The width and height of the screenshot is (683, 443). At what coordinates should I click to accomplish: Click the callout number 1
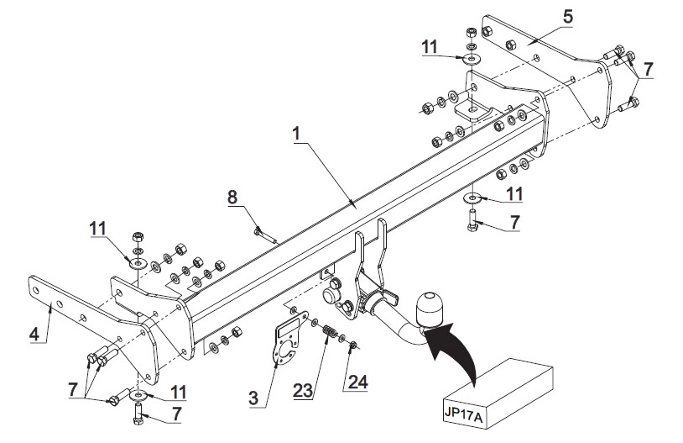(x=297, y=134)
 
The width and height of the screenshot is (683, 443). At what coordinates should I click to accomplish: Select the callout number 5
(x=567, y=17)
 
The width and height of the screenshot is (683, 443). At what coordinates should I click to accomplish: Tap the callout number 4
(x=34, y=335)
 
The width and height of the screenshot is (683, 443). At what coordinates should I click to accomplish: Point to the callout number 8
(x=232, y=198)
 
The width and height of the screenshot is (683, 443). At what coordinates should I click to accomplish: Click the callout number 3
(x=253, y=398)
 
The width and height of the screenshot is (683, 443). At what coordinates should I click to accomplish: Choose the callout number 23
(x=303, y=391)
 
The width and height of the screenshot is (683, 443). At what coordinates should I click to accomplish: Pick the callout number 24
(x=358, y=382)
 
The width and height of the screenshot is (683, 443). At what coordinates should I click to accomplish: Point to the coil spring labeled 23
(x=330, y=332)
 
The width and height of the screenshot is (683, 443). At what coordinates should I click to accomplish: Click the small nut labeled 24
(x=353, y=345)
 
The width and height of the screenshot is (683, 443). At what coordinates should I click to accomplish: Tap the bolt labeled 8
(x=266, y=235)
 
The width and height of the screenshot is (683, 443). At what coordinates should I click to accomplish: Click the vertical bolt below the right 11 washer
(x=472, y=221)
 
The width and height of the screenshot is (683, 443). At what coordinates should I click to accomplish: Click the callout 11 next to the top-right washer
(x=430, y=47)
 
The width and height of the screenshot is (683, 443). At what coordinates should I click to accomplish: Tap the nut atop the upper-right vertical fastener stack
(x=471, y=32)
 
